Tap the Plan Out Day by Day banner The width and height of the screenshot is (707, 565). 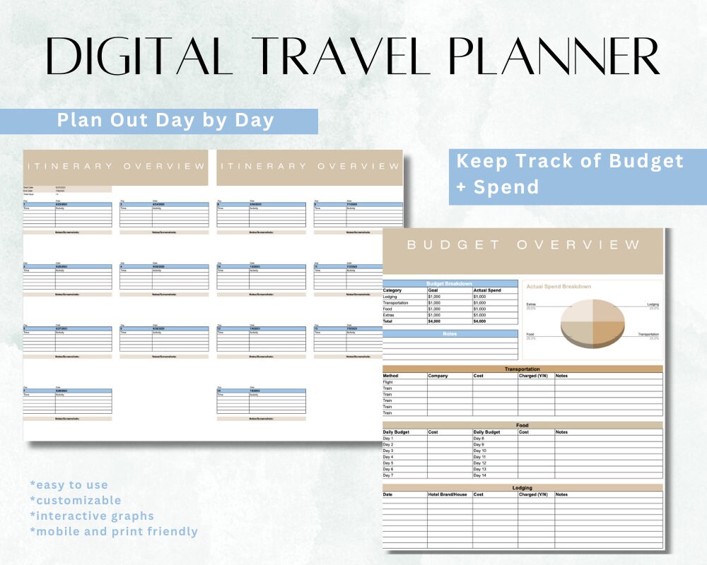tap(165, 120)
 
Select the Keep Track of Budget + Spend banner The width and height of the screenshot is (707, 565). tap(570, 174)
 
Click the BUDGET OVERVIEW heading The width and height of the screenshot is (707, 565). tap(523, 245)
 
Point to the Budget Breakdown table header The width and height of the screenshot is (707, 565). tap(449, 283)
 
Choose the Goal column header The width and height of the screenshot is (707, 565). tap(433, 290)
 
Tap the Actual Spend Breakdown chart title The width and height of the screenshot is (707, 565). tap(559, 287)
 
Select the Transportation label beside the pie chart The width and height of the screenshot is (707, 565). tap(648, 334)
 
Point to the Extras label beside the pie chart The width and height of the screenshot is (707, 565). tap(532, 304)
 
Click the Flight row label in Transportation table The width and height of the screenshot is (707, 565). tap(388, 382)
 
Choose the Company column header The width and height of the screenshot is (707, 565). tap(438, 376)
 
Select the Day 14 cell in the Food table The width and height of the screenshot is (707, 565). tap(480, 475)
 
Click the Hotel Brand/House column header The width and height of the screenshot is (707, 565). tap(448, 494)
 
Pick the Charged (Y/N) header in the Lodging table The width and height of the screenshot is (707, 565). tap(534, 494)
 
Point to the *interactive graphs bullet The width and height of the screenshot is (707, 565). tap(92, 516)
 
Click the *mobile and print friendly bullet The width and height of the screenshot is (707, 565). tap(114, 532)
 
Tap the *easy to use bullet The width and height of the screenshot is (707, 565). tap(69, 485)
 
